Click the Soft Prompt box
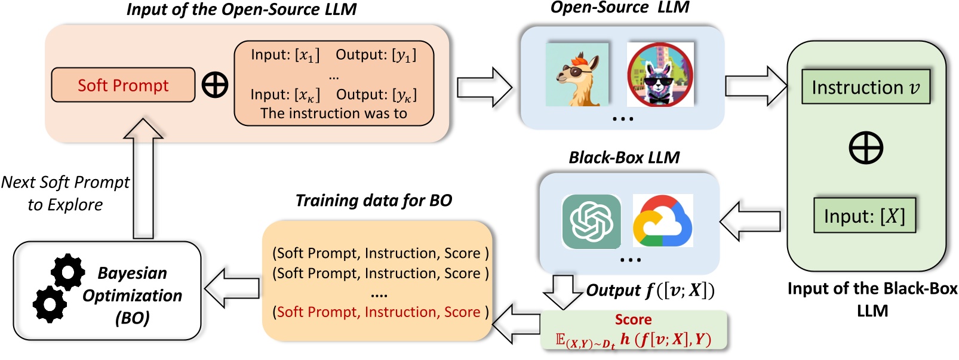coord(123,85)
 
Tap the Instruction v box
coord(866,87)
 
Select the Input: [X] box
coord(865,216)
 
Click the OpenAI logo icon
coord(591,221)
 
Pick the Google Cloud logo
coord(662,221)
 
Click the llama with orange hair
coord(577,75)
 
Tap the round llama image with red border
coord(660,75)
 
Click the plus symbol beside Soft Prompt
coord(214,85)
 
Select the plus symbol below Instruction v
coord(866,147)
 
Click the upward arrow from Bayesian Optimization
coord(143,178)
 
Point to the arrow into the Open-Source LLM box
coord(485,87)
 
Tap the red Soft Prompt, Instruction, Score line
coord(380,312)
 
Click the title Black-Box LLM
coord(624,158)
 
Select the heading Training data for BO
coord(374,201)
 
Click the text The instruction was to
coord(334,113)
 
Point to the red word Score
coord(633,319)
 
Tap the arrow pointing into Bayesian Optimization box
coord(232,288)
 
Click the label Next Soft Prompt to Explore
coord(65,193)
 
